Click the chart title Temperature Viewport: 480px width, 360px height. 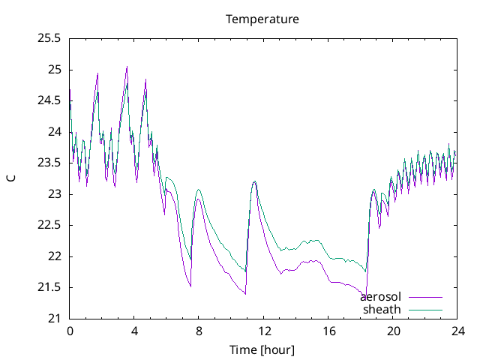click(262, 19)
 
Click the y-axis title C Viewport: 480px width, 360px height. click(11, 178)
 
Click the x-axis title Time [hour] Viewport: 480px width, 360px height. click(262, 349)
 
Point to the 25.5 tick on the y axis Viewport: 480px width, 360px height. click(49, 39)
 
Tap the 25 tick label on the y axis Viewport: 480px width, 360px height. click(55, 70)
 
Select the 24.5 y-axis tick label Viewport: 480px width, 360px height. click(49, 101)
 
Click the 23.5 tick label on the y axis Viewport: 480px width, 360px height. click(49, 163)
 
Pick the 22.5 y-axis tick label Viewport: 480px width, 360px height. click(49, 225)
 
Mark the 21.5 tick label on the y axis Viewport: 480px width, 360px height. click(49, 287)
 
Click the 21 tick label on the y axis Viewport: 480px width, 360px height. click(55, 319)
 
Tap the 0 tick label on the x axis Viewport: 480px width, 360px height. click(70, 331)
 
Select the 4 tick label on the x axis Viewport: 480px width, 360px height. click(134, 331)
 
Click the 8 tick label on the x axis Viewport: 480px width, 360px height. click(199, 331)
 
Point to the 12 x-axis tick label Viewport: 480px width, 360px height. click(264, 331)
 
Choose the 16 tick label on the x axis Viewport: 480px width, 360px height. click(328, 331)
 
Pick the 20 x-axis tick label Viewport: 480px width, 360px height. click(393, 331)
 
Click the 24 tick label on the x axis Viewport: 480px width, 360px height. click(457, 331)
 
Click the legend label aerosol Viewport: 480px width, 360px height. click(380, 297)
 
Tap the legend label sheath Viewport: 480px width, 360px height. click(382, 309)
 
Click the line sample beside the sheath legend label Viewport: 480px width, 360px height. click(425, 309)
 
